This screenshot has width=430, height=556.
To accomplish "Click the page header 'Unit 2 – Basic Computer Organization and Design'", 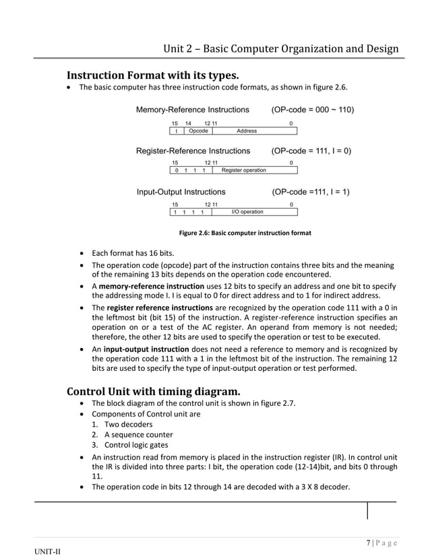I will point(281,48).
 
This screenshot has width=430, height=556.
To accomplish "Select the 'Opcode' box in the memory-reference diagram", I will point(198,131).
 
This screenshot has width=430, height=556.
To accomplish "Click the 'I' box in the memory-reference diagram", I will point(176,131).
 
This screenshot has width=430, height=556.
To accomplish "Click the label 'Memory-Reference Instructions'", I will point(192,110).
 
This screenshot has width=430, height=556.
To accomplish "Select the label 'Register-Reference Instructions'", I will point(193,151).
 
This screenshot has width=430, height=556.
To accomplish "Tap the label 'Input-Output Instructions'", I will point(181,192).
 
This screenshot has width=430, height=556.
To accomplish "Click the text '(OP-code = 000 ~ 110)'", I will point(313,110).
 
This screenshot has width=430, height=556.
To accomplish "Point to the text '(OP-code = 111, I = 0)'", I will point(311,151).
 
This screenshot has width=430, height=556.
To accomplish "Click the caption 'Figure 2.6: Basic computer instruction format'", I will point(244,233).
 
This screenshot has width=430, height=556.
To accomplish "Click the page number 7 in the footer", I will point(369,543).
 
